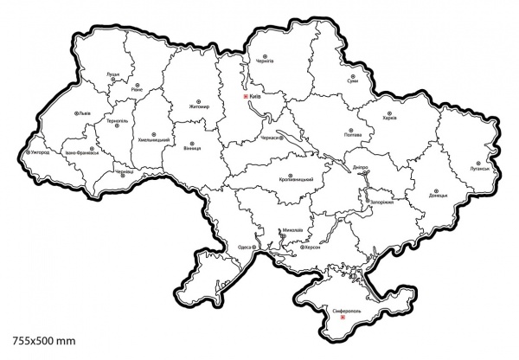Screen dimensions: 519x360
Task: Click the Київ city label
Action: pyautogui.click(x=256, y=97)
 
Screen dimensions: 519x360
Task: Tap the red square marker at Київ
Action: pyautogui.click(x=246, y=97)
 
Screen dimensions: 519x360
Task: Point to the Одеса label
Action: pyautogui.click(x=245, y=247)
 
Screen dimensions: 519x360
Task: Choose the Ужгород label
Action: pyautogui.click(x=41, y=152)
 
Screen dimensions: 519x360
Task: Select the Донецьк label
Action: pyautogui.click(x=437, y=196)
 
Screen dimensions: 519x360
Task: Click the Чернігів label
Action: pyautogui.click(x=264, y=61)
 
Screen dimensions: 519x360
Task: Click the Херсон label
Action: pyautogui.click(x=311, y=247)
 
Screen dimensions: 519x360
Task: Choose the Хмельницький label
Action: pyautogui.click(x=153, y=139)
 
